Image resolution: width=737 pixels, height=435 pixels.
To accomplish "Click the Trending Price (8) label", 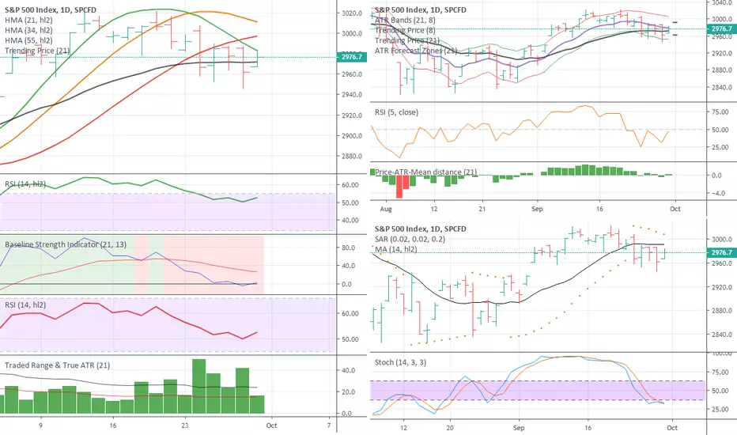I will point(409,28).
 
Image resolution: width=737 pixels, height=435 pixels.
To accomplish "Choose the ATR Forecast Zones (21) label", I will point(418,51).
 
